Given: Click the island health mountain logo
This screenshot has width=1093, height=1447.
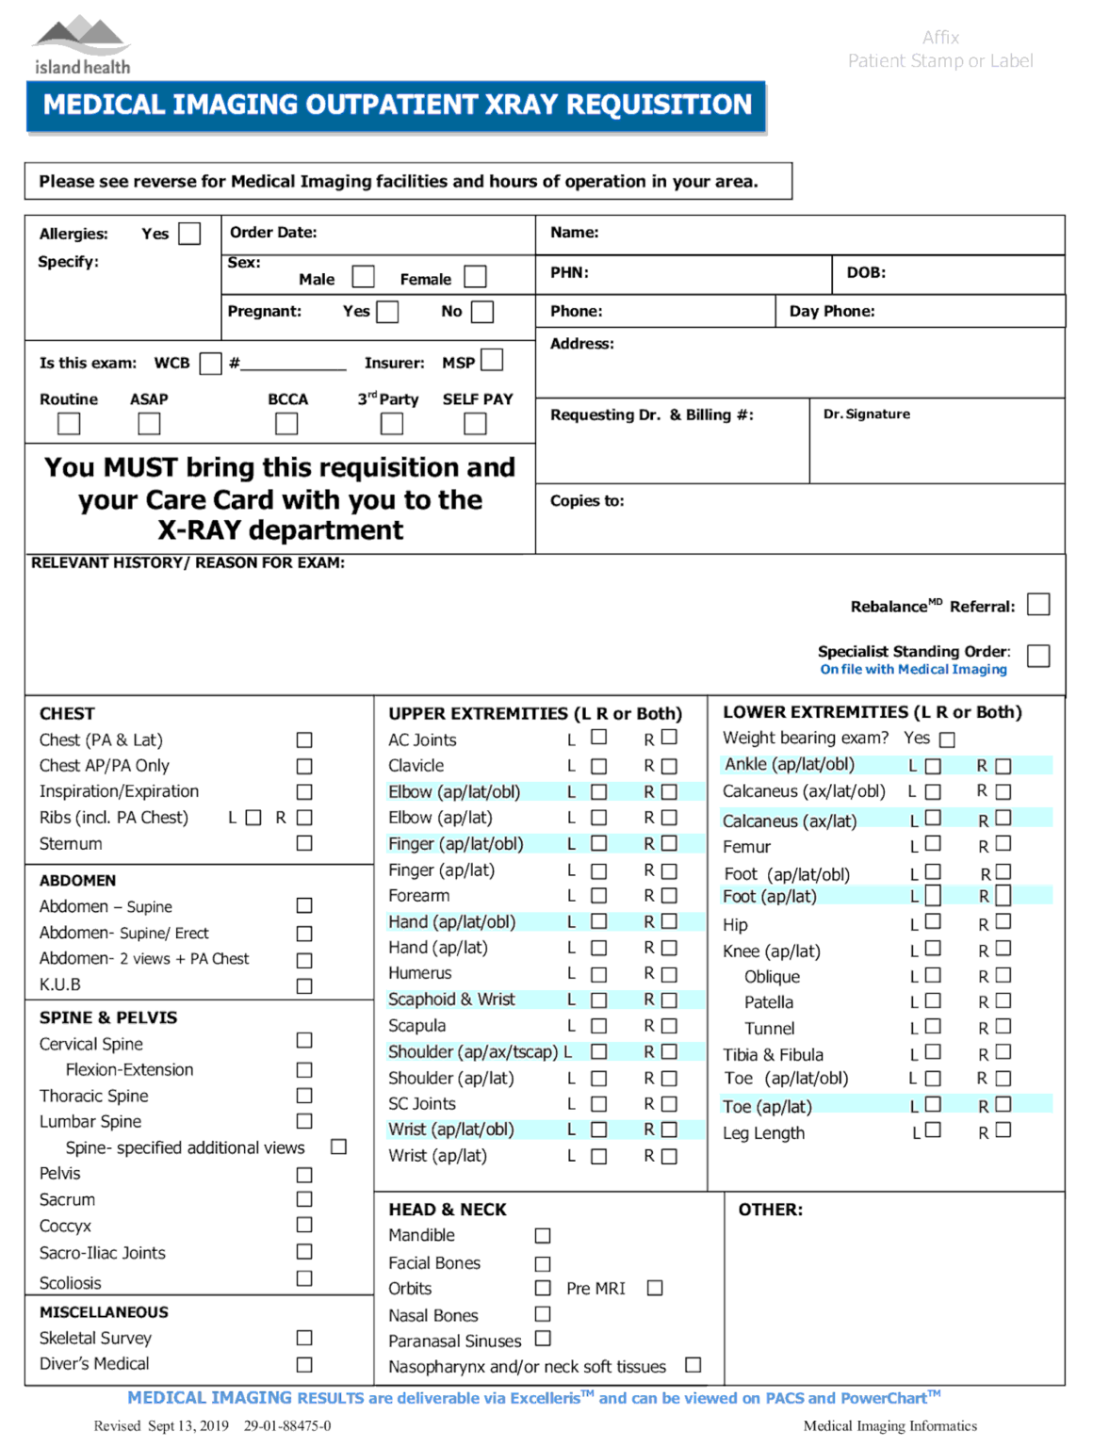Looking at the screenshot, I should coord(81,38).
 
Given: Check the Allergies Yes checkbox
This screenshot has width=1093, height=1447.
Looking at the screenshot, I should coord(189,234).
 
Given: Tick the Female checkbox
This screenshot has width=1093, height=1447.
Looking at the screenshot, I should coord(475,277).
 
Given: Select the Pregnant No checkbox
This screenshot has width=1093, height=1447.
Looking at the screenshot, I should coord(481,312).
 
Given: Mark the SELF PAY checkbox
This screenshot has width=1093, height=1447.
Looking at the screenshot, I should coord(475,424).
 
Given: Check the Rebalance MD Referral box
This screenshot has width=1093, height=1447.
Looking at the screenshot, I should coord(1037,605).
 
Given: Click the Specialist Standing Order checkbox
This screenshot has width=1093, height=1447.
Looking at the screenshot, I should coord(1037,656).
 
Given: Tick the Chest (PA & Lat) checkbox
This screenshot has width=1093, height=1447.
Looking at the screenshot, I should coord(304,740).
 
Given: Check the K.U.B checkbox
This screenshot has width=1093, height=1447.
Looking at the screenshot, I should coord(304,985).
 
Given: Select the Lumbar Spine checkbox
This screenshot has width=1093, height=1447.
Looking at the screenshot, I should coord(304,1121).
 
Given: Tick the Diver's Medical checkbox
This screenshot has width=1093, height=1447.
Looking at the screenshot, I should coord(304,1364).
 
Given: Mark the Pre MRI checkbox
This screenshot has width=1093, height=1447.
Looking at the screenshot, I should coord(655,1288).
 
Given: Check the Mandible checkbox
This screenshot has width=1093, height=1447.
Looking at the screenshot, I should coord(543,1235).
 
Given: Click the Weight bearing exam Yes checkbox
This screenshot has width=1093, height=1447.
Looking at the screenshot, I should coord(947,740).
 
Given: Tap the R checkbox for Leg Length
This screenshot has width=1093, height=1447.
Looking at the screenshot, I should coord(1003,1130).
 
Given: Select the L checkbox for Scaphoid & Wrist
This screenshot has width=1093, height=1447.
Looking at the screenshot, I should coord(598,1000).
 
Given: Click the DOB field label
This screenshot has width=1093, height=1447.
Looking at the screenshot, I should coord(865,273).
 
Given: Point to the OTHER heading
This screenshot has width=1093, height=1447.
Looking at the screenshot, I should coord(770,1210).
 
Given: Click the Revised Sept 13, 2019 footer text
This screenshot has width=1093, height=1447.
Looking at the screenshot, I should coord(161,1425).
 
